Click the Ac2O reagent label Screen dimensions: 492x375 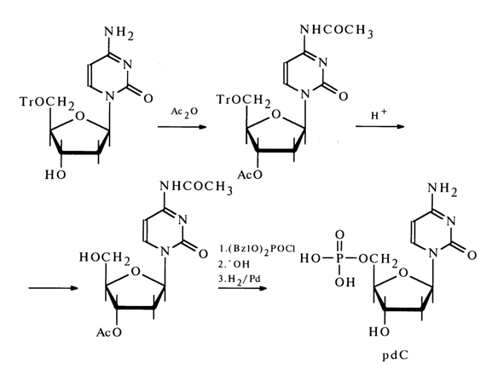[184, 112]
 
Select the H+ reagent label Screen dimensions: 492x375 [379, 115]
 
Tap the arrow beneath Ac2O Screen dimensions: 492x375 [182, 127]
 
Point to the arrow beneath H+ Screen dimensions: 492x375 [380, 126]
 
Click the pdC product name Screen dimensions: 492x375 [396, 356]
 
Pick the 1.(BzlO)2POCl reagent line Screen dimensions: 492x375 [257, 250]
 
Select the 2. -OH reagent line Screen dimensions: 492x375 [234, 265]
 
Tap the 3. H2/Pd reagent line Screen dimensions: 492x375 [240, 280]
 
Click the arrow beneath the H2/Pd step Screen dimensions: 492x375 [242, 288]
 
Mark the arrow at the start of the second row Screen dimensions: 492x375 [53, 288]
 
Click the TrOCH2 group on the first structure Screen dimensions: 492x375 [47, 102]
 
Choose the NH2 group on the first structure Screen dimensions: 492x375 [119, 32]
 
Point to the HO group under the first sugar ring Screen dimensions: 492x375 [55, 175]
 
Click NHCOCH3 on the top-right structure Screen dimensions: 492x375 [337, 31]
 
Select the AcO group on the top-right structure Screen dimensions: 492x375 [250, 175]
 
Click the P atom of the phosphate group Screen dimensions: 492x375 [340, 258]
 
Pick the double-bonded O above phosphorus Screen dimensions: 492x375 [340, 235]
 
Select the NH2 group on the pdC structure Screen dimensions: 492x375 [443, 189]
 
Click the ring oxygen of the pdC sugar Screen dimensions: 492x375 [404, 273]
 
